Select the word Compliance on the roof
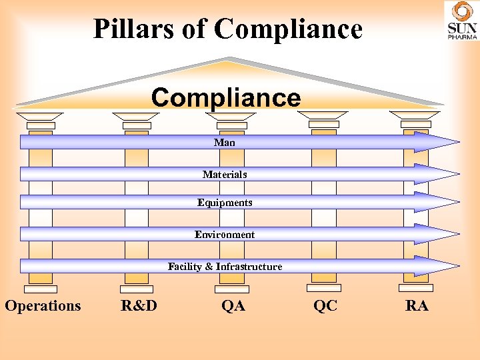click(x=226, y=98)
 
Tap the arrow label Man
click(x=225, y=142)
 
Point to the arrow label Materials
click(x=225, y=174)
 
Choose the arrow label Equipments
click(x=225, y=203)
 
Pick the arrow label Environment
click(x=225, y=235)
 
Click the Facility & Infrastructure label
click(x=225, y=267)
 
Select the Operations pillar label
click(x=43, y=306)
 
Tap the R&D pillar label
click(x=139, y=306)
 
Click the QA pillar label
click(x=233, y=306)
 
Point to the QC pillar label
click(x=325, y=306)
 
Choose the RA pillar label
click(x=417, y=306)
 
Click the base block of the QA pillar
click(x=232, y=289)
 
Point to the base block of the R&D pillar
click(x=137, y=289)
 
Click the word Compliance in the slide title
click(x=289, y=29)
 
